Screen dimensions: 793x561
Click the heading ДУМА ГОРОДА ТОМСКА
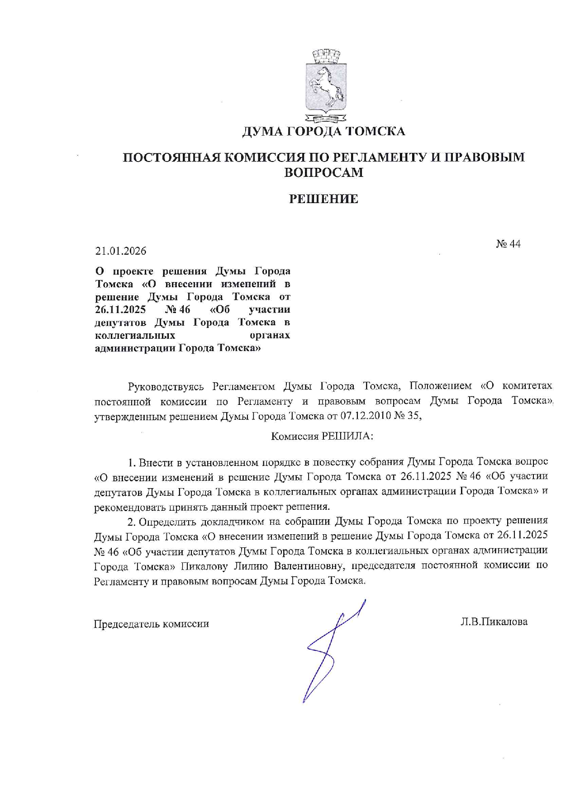[323, 132]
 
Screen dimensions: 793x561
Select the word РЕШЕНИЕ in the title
[323, 199]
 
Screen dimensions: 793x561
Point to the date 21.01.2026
[121, 251]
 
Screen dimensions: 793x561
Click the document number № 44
[508, 244]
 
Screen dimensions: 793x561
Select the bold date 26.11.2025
[120, 310]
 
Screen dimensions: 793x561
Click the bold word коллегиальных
[135, 336]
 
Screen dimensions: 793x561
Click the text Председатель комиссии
[151, 624]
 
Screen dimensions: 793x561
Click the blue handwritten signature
[331, 647]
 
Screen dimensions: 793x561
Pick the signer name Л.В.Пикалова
[494, 622]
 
